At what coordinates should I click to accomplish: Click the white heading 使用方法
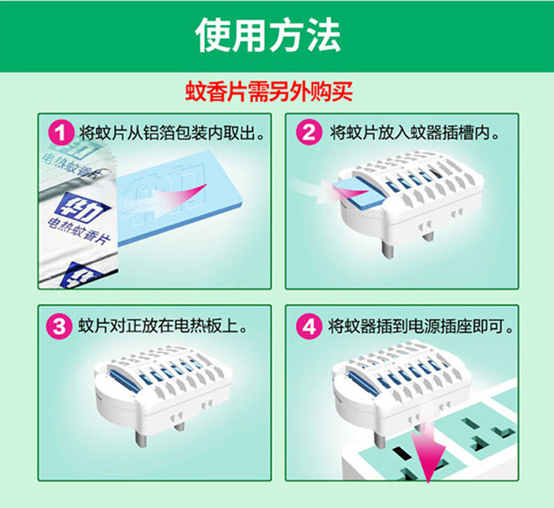click(268, 35)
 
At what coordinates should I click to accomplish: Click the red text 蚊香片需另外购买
click(269, 92)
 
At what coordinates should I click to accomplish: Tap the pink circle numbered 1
click(61, 134)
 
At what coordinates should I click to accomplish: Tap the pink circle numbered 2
click(309, 132)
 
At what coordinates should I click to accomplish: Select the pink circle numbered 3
click(59, 326)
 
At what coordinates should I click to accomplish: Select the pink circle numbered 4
click(310, 326)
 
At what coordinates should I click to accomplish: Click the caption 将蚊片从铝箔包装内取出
click(171, 133)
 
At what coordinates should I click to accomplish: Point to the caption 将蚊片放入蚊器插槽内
click(415, 132)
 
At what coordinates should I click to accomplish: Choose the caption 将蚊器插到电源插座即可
click(420, 326)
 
